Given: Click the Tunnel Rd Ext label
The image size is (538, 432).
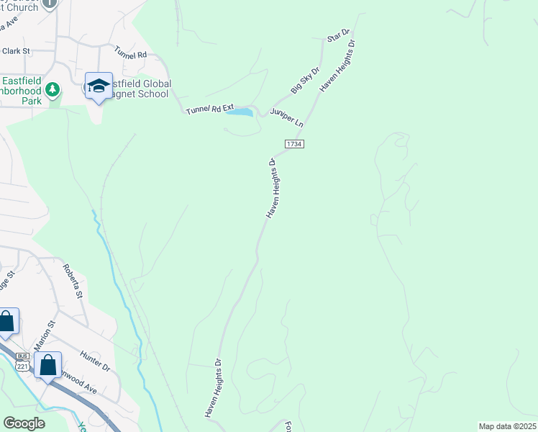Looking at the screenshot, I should (x=211, y=109).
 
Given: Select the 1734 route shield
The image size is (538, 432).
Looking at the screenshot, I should (x=294, y=144).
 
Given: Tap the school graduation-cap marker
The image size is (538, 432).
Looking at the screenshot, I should (x=99, y=87).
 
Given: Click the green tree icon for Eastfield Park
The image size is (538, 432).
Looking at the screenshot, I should (x=52, y=89).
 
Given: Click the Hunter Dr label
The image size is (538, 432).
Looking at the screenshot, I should (x=96, y=361).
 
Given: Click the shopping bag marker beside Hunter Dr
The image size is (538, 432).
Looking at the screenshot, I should (x=48, y=365).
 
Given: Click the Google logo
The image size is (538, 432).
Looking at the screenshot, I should (x=24, y=423).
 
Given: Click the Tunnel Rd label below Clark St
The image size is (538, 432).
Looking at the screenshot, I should (x=130, y=53).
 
